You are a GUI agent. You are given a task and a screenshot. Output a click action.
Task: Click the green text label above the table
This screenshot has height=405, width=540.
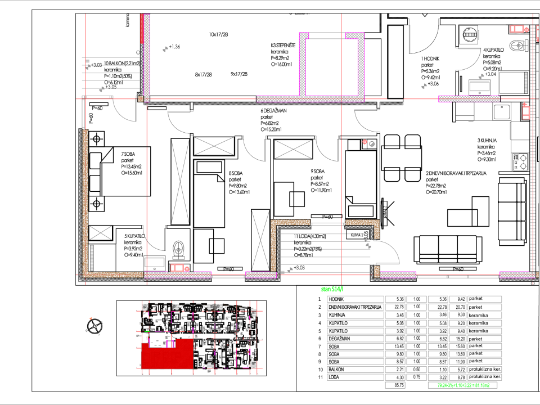[332, 289]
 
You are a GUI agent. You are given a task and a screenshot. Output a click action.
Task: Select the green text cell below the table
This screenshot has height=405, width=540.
[462, 385]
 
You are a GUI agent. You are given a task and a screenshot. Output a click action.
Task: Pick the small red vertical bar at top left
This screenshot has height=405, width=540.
[142, 28]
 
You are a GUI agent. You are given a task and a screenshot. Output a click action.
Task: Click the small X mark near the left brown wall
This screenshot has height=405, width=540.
[101, 232]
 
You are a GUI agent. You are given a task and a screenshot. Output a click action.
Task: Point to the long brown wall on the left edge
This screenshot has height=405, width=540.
[85, 202]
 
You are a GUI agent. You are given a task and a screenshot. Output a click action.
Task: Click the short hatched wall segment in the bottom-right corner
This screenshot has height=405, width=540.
[517, 274]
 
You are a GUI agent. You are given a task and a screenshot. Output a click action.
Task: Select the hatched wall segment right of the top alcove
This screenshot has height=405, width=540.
[469, 99]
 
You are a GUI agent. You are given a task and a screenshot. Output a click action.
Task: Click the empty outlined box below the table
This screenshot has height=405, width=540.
[395, 385]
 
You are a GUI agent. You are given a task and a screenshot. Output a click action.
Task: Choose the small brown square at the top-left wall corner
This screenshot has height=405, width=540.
[141, 99]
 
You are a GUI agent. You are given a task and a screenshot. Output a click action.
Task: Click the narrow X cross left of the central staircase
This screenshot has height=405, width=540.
[260, 240]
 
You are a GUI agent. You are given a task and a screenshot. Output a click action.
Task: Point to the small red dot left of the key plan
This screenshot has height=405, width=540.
[91, 318]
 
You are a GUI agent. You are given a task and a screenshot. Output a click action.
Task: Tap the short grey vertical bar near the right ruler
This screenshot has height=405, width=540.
[526, 83]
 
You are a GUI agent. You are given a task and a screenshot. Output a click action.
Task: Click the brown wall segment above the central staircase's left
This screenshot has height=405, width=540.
[290, 222]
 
